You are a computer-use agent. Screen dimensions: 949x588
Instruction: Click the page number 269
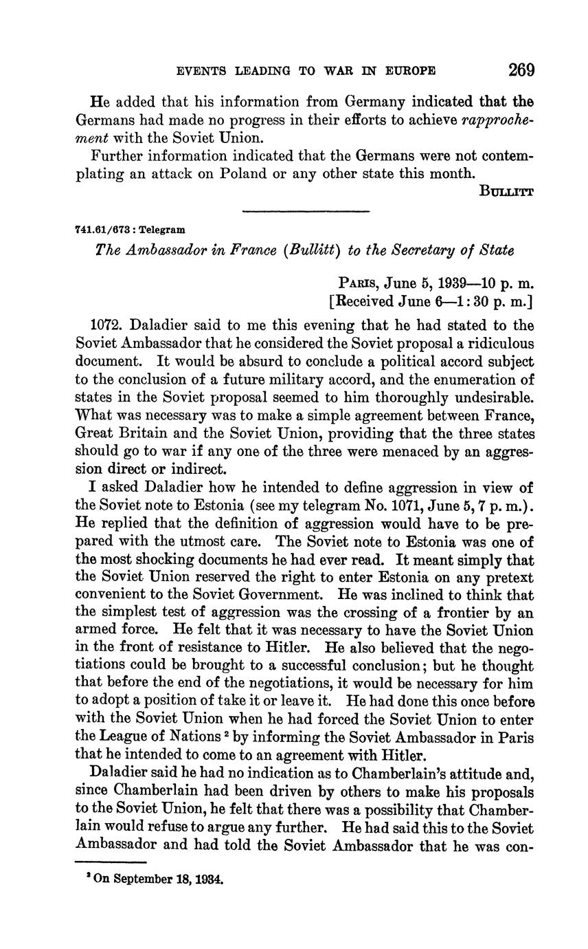tap(521, 70)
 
